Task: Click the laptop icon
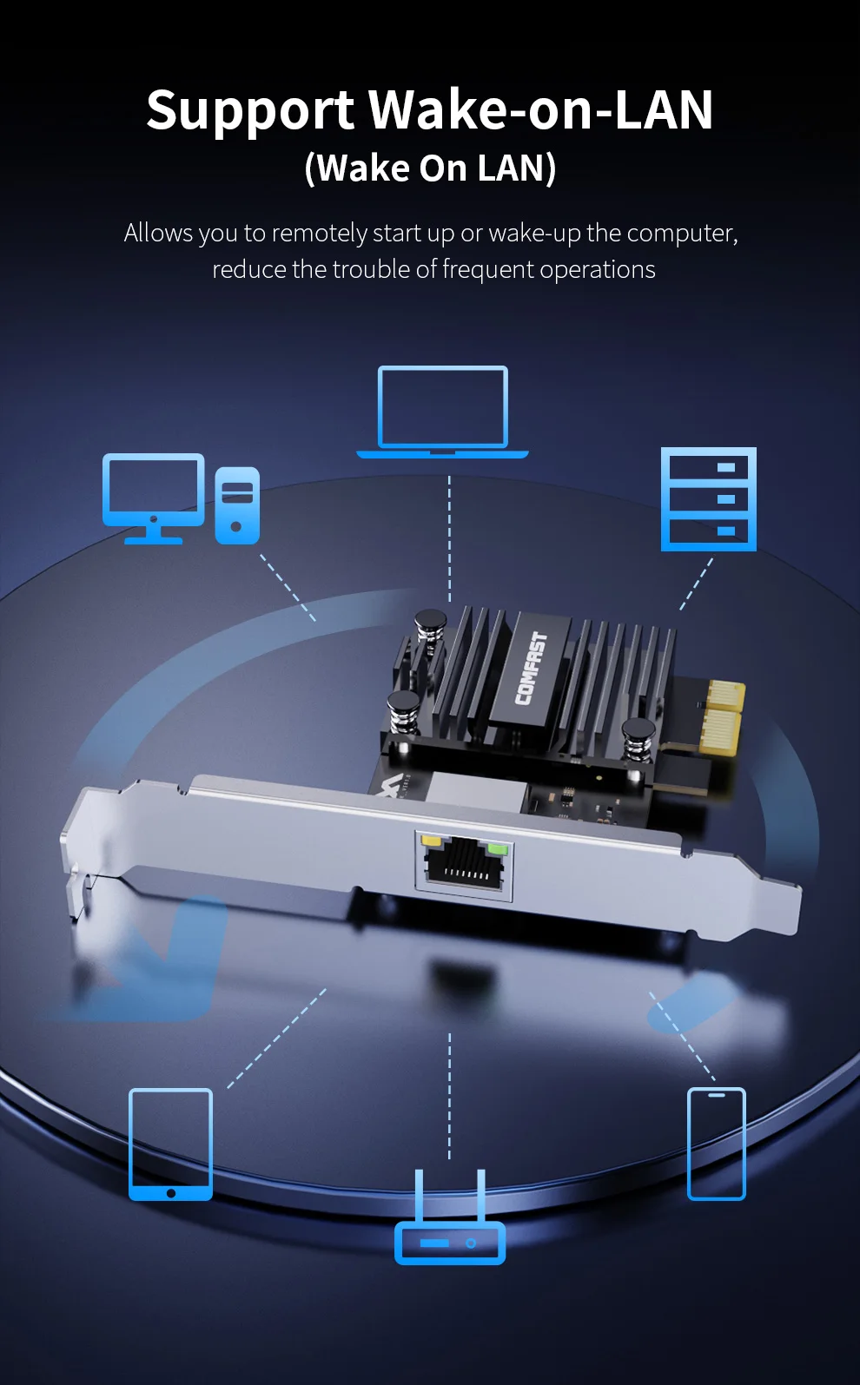[442, 411]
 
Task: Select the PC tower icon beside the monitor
[237, 505]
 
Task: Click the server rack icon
[708, 499]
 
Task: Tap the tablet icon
[170, 1144]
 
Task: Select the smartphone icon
[716, 1143]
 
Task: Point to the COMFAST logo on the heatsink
[531, 667]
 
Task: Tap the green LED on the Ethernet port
[497, 847]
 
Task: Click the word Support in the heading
[250, 111]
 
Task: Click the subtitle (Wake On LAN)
[430, 168]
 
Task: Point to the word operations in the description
[597, 270]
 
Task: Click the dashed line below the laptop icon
[449, 538]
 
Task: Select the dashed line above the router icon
[449, 1094]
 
